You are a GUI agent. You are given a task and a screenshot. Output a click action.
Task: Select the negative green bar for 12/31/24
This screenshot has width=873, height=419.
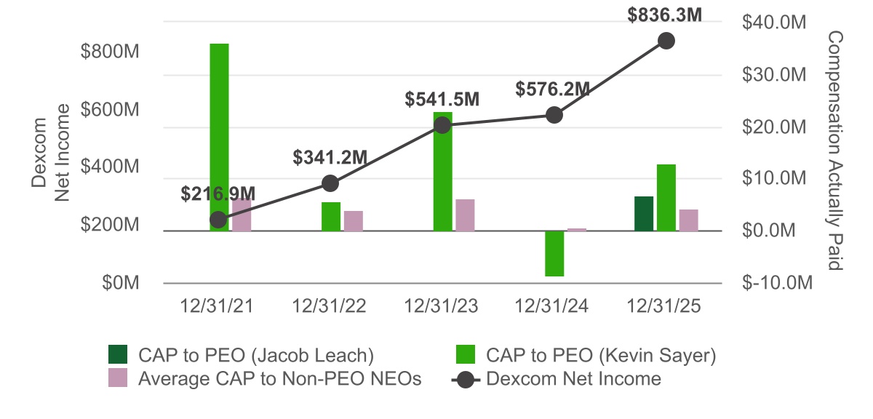pos(555,254)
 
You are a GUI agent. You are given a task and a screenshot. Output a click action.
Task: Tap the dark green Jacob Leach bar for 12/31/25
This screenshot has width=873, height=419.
pos(644,214)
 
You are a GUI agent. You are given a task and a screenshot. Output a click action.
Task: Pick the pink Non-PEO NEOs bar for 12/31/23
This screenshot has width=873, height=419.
pos(465,215)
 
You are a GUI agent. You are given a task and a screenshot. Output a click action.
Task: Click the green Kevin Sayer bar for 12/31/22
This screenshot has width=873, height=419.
pos(331,217)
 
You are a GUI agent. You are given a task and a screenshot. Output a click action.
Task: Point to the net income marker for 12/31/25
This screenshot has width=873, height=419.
pos(666,41)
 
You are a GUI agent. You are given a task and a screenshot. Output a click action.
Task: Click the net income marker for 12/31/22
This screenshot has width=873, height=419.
pos(330,183)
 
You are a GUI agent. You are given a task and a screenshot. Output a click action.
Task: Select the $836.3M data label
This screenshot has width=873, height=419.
pos(665,15)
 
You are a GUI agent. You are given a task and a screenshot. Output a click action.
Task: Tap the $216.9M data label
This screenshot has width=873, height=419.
pos(218,193)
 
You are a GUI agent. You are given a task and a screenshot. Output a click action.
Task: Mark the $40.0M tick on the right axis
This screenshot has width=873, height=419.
pos(775,23)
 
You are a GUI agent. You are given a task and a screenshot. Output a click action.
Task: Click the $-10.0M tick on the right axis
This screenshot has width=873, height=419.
pos(775,283)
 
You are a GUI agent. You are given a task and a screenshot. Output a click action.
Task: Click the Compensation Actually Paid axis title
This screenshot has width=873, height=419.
pos(834,151)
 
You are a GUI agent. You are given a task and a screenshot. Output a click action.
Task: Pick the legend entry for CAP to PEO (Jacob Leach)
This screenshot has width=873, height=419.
pos(240,355)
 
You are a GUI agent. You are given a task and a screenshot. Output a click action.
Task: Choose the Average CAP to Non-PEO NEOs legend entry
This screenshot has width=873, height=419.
pos(263,378)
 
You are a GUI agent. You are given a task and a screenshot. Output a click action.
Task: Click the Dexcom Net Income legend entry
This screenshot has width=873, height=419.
pos(557,378)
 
